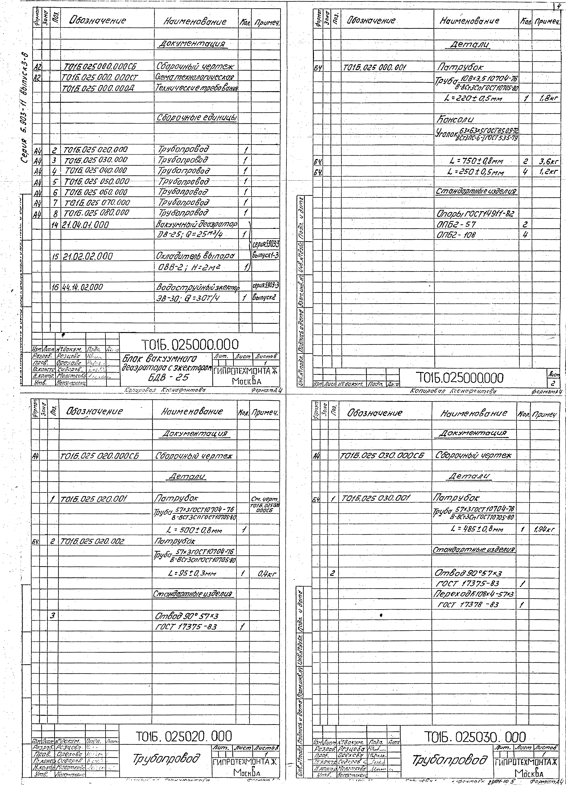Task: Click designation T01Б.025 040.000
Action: (96, 170)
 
